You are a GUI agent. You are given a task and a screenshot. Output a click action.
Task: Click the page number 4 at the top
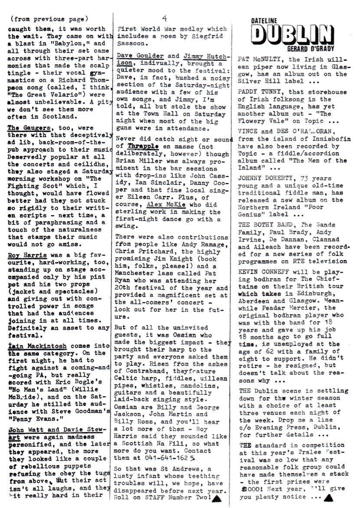tap(165, 18)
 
